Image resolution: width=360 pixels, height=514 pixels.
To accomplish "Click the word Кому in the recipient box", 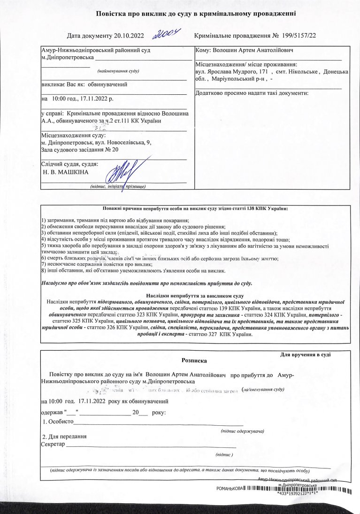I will click(203, 50).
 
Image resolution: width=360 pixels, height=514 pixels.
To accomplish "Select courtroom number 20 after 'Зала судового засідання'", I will click(116, 149).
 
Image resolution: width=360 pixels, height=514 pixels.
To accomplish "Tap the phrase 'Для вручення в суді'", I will click(305, 354).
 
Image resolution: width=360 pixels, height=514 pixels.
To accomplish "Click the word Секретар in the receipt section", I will click(53, 444).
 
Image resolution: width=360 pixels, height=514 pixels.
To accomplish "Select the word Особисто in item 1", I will click(58, 422).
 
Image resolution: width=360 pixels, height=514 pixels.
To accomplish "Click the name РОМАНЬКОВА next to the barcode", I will click(230, 489).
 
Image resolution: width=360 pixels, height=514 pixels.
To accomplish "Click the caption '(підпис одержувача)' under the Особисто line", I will click(242, 431).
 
